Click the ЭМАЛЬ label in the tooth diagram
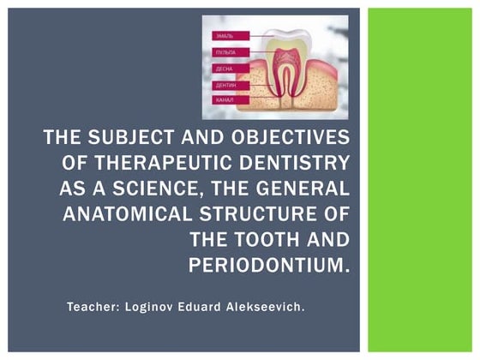[x=225, y=36]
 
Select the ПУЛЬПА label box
[x=225, y=52]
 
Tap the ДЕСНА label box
[x=225, y=69]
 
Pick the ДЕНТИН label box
[x=225, y=86]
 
